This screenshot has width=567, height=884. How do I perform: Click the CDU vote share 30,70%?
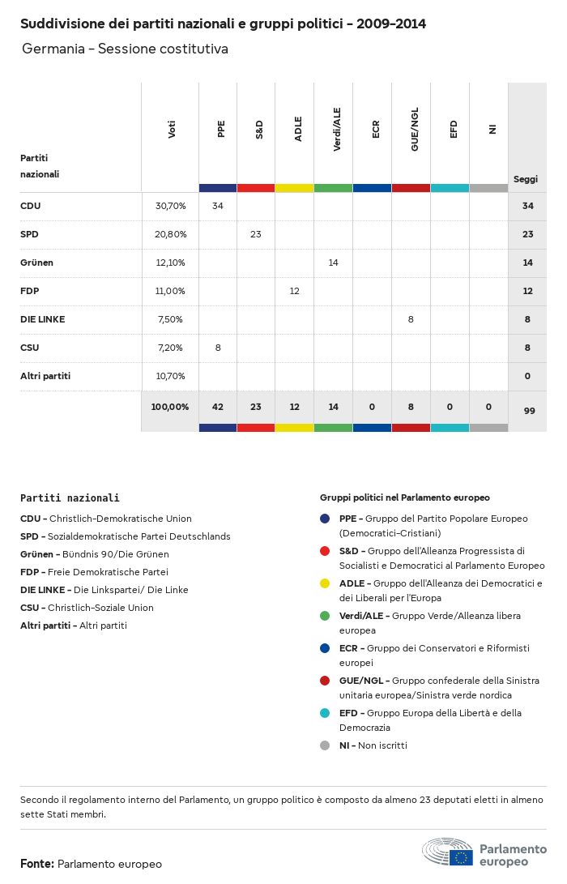(170, 206)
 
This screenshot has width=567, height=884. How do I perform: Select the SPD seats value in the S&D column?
(256, 234)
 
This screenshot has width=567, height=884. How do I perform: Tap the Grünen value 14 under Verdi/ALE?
(333, 263)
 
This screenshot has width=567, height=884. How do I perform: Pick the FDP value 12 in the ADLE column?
(294, 291)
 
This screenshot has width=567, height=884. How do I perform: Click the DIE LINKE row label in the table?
(42, 319)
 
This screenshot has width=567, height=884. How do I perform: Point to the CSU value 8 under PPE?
(217, 348)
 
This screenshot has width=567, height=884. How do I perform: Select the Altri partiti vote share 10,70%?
(170, 376)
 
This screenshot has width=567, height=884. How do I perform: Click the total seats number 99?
(529, 411)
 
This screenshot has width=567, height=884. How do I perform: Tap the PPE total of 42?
(217, 407)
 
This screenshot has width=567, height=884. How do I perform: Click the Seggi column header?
(526, 179)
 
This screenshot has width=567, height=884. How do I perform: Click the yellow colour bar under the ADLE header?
(294, 188)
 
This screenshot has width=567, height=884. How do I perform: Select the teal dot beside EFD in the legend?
(325, 713)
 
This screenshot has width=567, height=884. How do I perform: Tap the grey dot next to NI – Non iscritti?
(325, 745)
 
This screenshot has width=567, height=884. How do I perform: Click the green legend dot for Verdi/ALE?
(325, 616)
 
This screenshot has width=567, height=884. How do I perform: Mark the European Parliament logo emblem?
(447, 853)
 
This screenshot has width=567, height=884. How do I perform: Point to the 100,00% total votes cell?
(170, 407)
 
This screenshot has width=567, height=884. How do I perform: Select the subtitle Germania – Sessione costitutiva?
(125, 49)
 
